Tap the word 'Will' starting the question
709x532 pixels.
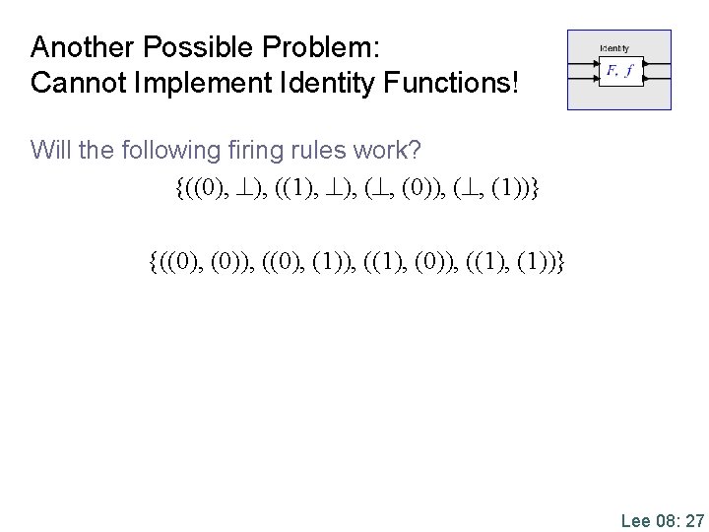pos(49,150)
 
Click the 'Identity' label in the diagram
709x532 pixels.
pos(614,48)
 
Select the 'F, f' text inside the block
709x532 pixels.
pos(619,70)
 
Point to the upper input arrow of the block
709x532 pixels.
pos(584,65)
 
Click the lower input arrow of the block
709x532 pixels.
pos(584,78)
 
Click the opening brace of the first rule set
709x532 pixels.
pos(176,186)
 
